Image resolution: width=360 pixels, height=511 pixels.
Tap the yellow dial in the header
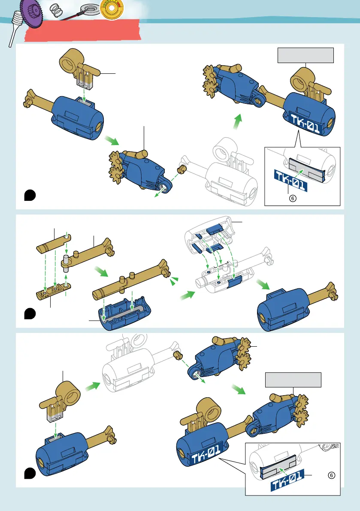click(x=111, y=9)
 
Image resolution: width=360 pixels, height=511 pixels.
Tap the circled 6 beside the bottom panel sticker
click(x=331, y=475)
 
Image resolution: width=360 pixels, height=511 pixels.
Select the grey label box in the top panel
click(x=305, y=55)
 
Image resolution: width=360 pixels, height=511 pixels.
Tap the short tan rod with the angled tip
click(x=54, y=243)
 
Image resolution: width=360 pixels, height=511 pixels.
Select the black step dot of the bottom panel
click(x=29, y=473)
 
